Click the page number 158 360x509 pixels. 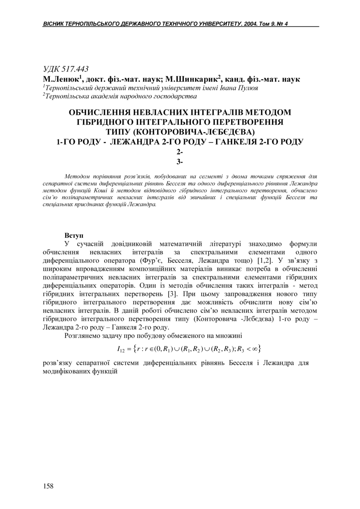click(x=48, y=486)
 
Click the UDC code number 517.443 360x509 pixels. click(x=74, y=69)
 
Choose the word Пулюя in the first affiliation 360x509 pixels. click(x=248, y=88)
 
